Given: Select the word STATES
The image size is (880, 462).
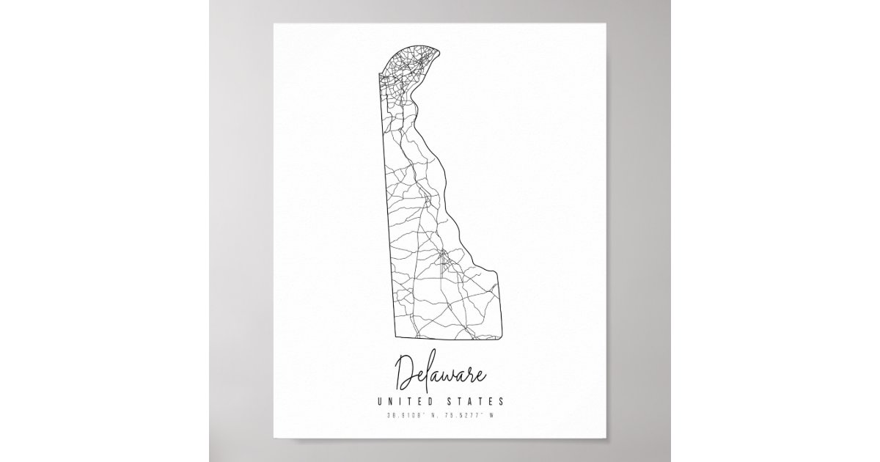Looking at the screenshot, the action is (476, 401).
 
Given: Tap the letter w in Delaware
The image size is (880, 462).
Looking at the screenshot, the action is (447, 378).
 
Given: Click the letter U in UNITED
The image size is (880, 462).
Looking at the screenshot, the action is (380, 401).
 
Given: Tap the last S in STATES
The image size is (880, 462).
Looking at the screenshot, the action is (500, 401).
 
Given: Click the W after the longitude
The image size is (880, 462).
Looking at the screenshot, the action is (494, 417).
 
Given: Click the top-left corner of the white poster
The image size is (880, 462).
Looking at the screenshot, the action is (275, 24).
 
